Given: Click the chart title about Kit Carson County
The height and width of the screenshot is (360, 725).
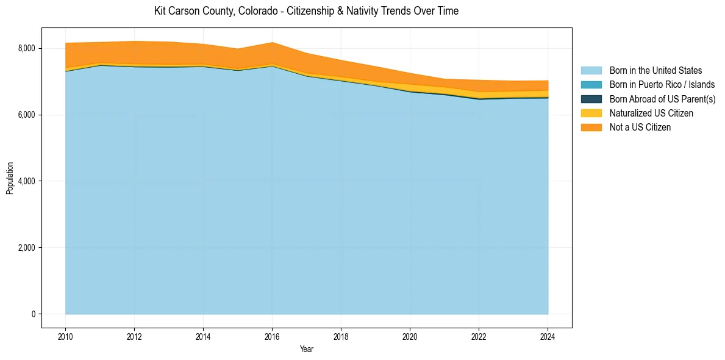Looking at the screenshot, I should coord(306,11).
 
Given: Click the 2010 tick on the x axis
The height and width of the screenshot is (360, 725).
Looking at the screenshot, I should coord(65,336).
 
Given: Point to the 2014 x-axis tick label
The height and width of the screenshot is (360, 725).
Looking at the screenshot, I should coord(203,336).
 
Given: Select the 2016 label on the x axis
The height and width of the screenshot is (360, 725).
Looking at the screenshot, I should coord(272,336).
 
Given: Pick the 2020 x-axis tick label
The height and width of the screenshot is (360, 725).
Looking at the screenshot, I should coord(410,336).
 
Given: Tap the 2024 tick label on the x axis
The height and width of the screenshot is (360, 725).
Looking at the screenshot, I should coord(548,336).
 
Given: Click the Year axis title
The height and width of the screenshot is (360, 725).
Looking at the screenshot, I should coord(307,349).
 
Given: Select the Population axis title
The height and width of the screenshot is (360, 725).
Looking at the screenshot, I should coord(10,178).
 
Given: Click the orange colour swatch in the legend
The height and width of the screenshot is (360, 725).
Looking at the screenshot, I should coord(591,128).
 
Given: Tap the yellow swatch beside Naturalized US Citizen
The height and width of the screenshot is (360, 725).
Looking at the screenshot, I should coord(591,113).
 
